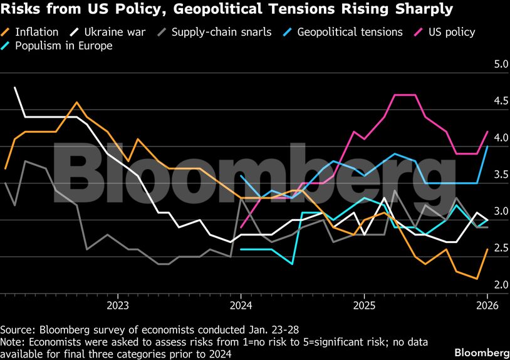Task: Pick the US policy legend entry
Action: (449, 32)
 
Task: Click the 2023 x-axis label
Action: (118, 306)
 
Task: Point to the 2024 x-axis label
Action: (241, 306)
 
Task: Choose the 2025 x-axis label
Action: (364, 306)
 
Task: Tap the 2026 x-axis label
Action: (487, 306)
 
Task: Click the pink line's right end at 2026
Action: (487, 131)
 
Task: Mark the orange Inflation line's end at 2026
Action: (487, 249)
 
